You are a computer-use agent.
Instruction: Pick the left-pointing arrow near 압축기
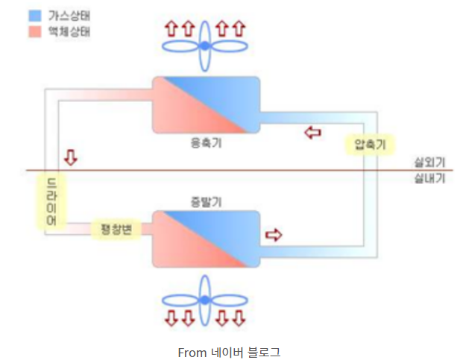[x=313, y=133]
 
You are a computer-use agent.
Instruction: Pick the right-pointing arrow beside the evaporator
[x=274, y=235]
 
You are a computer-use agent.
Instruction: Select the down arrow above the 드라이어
[x=71, y=157]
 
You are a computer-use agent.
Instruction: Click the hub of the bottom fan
[x=204, y=299]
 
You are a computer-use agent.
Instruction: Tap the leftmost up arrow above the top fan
[x=171, y=28]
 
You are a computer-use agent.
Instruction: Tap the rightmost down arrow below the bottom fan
[x=238, y=319]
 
